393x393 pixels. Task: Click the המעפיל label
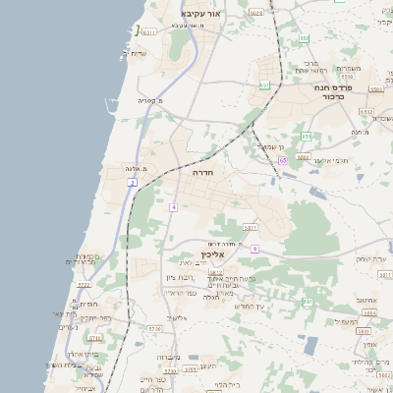[x=346, y=321]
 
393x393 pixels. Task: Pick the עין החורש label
[x=252, y=307]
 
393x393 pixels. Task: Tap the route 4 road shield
[x=173, y=207]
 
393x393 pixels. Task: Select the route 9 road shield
[x=253, y=249]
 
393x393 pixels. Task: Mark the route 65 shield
[x=283, y=160]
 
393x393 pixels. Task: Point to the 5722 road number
[x=84, y=285]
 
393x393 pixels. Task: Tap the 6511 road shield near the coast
[x=147, y=31]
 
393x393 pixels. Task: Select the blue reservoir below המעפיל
[x=310, y=345]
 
